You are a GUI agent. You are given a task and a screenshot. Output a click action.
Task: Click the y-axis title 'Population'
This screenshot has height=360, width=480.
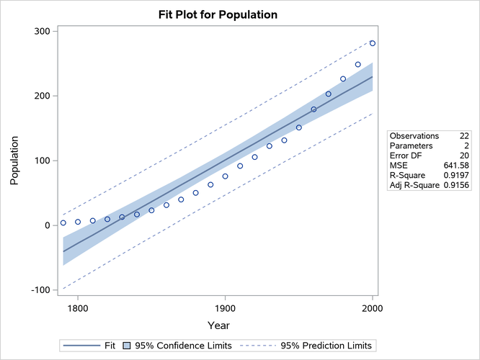(15, 160)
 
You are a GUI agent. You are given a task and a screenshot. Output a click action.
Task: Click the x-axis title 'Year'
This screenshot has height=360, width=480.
(218, 325)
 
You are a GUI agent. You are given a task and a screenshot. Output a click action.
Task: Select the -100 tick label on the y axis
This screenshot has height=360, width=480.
(37, 290)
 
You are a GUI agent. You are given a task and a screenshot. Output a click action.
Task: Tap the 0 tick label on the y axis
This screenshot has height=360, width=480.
(46, 225)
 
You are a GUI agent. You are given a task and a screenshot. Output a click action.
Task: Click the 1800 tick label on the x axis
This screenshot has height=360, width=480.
(77, 307)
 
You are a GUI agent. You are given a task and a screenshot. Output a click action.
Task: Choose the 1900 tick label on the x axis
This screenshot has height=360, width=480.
(225, 307)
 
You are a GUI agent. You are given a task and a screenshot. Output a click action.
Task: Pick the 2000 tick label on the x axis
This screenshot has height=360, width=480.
(373, 307)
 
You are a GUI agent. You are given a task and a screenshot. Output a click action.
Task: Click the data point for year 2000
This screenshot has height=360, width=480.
(373, 43)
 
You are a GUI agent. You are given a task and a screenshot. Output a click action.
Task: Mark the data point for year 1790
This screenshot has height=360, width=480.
(63, 223)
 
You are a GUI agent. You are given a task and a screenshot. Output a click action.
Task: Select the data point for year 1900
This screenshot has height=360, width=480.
(225, 176)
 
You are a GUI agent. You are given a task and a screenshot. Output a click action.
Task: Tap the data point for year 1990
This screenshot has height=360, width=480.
(357, 65)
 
